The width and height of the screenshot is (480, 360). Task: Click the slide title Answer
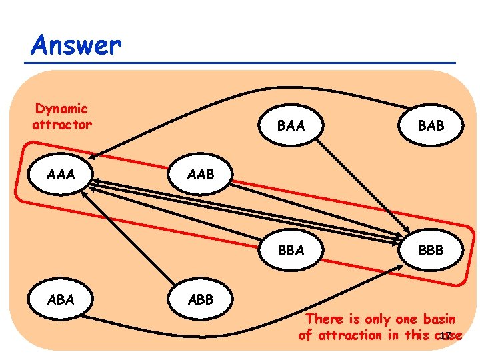pyautogui.click(x=76, y=45)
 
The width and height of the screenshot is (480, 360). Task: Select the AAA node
pyautogui.click(x=61, y=175)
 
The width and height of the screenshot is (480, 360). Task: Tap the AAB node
pyautogui.click(x=200, y=175)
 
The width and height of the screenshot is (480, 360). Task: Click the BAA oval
pyautogui.click(x=291, y=124)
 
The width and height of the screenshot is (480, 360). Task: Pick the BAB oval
pyautogui.click(x=430, y=124)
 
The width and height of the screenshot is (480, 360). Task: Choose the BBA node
pyautogui.click(x=291, y=250)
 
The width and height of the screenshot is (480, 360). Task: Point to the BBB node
pyautogui.click(x=430, y=250)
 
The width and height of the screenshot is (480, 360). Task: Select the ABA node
pyautogui.click(x=61, y=299)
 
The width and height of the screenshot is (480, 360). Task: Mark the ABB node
pyautogui.click(x=200, y=299)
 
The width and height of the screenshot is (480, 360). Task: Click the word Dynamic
pyautogui.click(x=61, y=108)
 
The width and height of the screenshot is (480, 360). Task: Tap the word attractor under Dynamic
pyautogui.click(x=61, y=124)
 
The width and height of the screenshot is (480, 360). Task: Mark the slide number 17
pyautogui.click(x=446, y=335)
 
